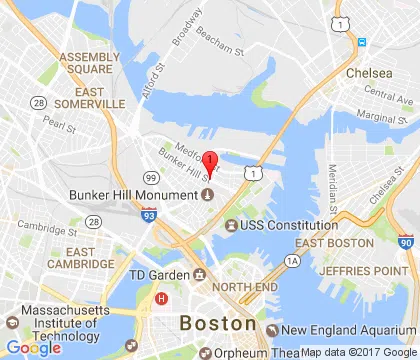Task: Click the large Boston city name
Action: pyautogui.click(x=217, y=324)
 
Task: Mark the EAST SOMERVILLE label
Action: pyautogui.click(x=91, y=96)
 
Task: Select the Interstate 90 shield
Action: pyautogui.click(x=405, y=241)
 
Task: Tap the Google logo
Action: pyautogui.click(x=33, y=347)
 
